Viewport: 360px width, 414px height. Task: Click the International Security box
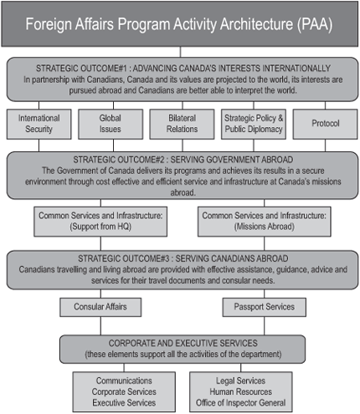pyautogui.click(x=39, y=124)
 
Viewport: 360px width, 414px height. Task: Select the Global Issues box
pyautogui.click(x=110, y=124)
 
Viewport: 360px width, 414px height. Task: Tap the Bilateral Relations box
pyautogui.click(x=181, y=124)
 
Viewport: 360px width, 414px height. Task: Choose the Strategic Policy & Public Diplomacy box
pyautogui.click(x=252, y=124)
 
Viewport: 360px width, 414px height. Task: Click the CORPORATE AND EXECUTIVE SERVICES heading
pyautogui.click(x=181, y=343)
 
